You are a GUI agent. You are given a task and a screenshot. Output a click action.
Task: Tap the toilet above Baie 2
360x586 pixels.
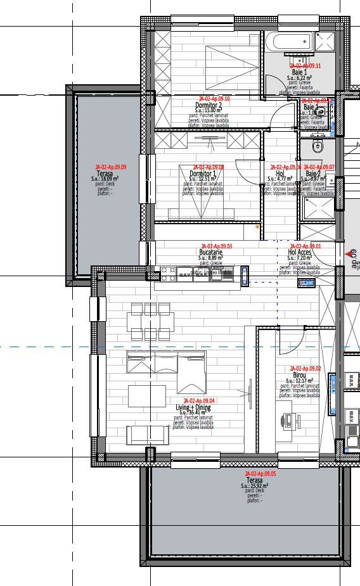[x=319, y=147]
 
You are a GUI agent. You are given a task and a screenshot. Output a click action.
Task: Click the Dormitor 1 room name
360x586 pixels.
[x=203, y=174]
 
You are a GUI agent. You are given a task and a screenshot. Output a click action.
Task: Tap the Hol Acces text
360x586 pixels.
[x=300, y=252]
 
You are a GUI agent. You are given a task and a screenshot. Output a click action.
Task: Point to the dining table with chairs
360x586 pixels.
[x=151, y=321]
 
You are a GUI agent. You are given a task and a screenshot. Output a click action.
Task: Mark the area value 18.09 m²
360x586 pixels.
[x=109, y=179]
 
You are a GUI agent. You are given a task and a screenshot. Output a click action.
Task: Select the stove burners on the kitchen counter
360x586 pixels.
[x=168, y=274]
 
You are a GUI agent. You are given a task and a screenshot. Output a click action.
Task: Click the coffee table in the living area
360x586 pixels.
[x=146, y=396]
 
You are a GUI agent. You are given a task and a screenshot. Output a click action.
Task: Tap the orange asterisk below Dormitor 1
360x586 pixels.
[x=257, y=226]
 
